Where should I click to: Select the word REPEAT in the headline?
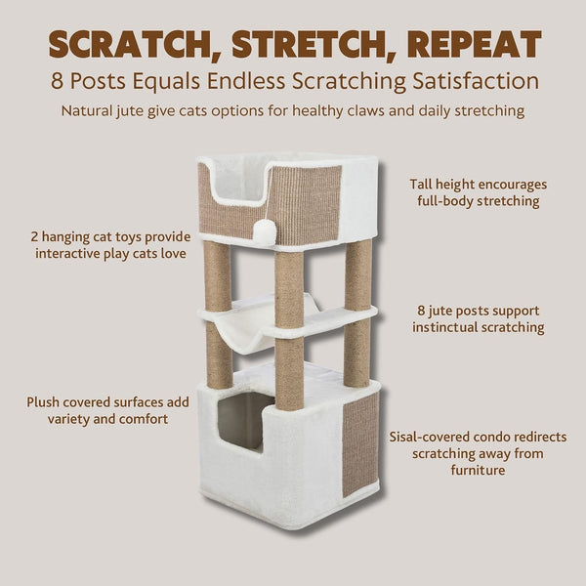click(x=475, y=44)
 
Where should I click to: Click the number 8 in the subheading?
click(x=57, y=81)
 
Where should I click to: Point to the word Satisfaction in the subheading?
click(x=476, y=81)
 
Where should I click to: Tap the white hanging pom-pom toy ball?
click(x=265, y=232)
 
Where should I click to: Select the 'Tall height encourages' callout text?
click(x=478, y=185)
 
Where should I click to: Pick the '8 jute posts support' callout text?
click(x=478, y=311)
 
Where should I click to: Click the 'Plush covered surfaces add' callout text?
click(x=107, y=402)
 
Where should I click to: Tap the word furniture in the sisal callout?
click(x=478, y=470)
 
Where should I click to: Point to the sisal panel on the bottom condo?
click(x=360, y=443)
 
